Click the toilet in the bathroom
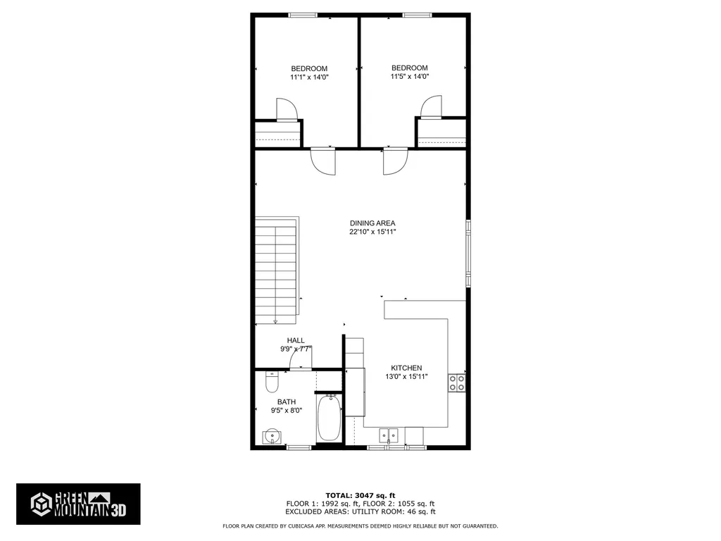point(272,383)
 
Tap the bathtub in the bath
point(329,418)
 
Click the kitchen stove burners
point(456,383)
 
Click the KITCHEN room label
point(406,368)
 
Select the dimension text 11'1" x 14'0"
point(309,77)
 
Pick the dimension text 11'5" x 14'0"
point(409,77)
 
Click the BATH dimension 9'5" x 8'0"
point(286,411)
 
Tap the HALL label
point(296,340)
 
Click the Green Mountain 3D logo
point(78,504)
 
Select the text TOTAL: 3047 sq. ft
point(360,495)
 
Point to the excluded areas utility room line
point(360,512)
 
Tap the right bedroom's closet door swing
point(430,106)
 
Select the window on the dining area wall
point(468,254)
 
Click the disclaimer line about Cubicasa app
point(360,526)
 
